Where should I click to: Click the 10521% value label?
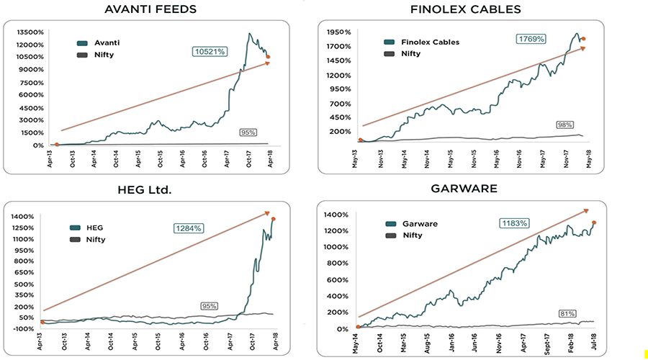point(210,51)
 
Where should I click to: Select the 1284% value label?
point(189,228)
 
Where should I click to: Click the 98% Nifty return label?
point(564,125)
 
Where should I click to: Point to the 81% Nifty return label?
point(567,313)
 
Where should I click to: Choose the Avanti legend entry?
point(99,42)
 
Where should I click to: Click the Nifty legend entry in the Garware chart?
point(412,235)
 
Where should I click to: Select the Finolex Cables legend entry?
point(423,42)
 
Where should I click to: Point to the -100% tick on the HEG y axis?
point(24,329)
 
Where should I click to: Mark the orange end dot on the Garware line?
point(594,222)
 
